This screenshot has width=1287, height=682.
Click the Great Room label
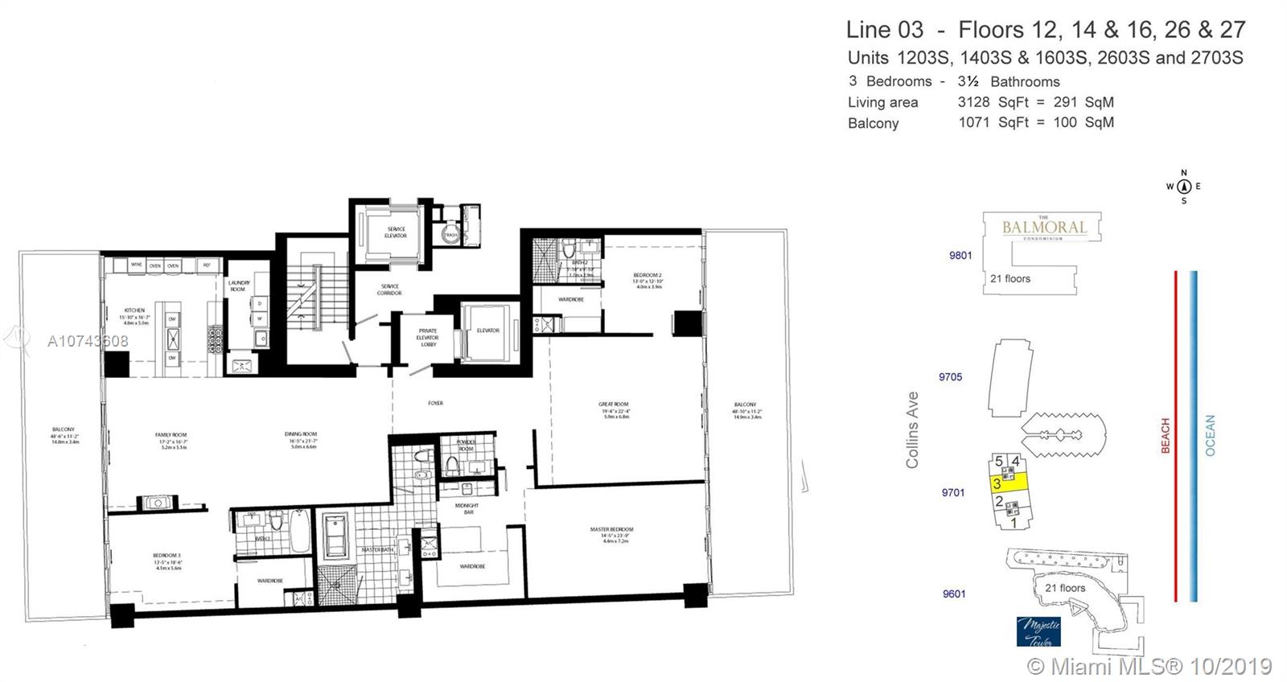(x=613, y=405)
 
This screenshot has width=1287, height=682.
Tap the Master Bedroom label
(x=611, y=529)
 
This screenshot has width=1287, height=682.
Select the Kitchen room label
(x=134, y=310)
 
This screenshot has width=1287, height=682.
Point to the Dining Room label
(x=301, y=434)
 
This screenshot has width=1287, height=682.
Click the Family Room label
(x=171, y=435)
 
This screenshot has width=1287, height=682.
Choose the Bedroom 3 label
(x=167, y=555)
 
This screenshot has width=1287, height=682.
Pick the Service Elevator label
(x=395, y=232)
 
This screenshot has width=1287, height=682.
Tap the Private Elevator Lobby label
(x=428, y=337)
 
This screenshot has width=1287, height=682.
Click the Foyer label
(x=435, y=403)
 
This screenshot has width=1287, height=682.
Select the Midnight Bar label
(x=467, y=508)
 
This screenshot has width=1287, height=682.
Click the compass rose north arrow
(x=1183, y=187)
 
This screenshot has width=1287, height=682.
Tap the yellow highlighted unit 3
(x=1009, y=483)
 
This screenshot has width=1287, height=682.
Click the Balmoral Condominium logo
(x=1043, y=228)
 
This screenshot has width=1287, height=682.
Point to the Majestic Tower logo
(x=1038, y=631)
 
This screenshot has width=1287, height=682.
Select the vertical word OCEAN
(x=1211, y=436)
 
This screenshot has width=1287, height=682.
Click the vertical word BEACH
(x=1166, y=436)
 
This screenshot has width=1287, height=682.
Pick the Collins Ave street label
(x=912, y=430)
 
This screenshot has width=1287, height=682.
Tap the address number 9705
(x=950, y=376)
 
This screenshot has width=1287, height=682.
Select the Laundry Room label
(x=239, y=286)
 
